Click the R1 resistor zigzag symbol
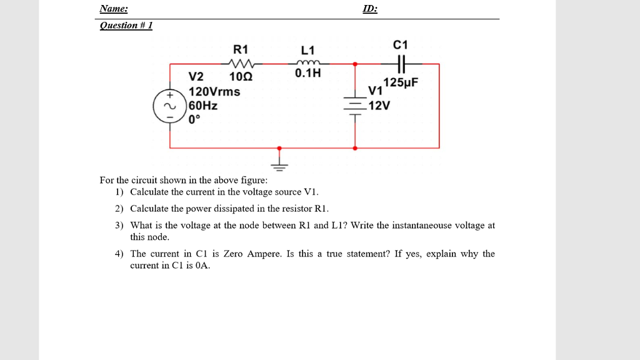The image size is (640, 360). [x=239, y=63]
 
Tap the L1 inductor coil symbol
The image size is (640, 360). [x=309, y=62]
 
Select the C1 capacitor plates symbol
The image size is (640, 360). [x=401, y=63]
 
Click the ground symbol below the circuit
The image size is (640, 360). [x=279, y=164]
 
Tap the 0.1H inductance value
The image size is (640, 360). [x=307, y=73]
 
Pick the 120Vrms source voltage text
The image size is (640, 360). [x=214, y=91]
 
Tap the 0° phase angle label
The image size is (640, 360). [x=195, y=119]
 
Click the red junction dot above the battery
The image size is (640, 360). [x=356, y=63]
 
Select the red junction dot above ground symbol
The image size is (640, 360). [x=279, y=148]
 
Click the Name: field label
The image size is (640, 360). [x=114, y=9]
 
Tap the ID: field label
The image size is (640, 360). [x=370, y=9]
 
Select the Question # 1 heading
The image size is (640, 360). [x=126, y=25]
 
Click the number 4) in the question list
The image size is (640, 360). [x=119, y=254]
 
